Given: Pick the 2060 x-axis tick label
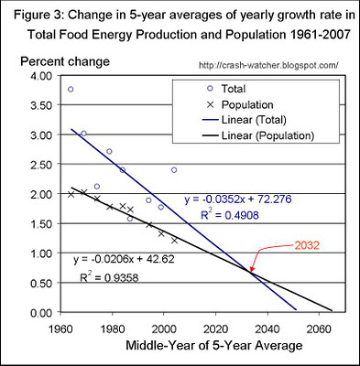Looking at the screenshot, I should click(x=321, y=328).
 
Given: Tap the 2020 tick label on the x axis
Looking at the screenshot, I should click(x=216, y=328).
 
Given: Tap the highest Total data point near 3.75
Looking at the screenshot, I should click(x=71, y=89).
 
